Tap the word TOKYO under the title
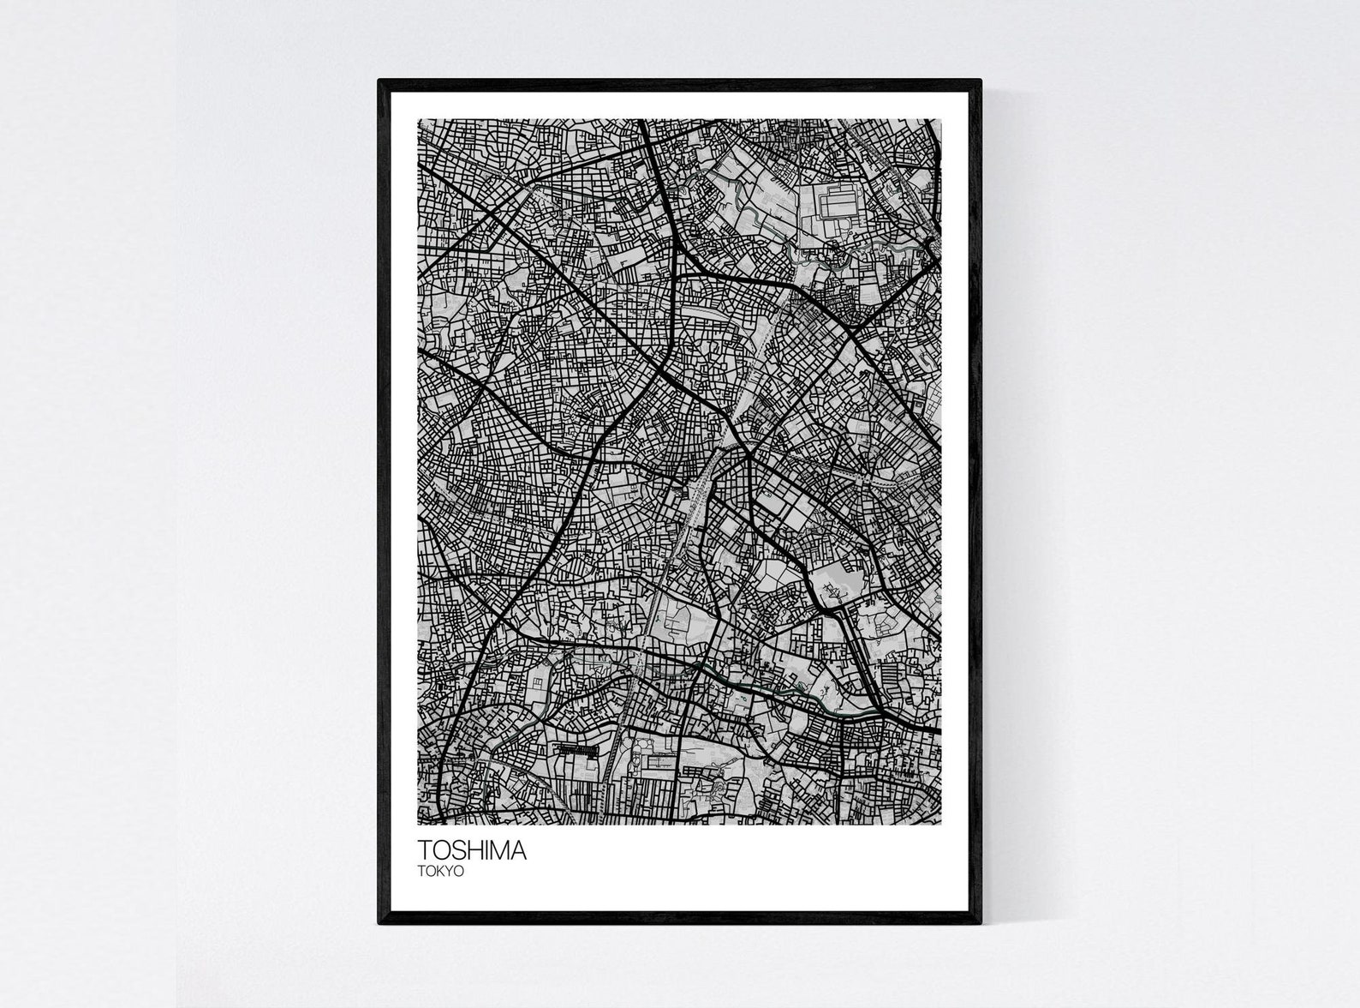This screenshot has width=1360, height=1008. pos(440,871)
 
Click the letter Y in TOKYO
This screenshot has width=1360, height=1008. pos(449,871)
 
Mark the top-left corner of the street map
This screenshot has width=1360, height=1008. pos(418,119)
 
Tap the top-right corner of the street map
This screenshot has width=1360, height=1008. pos(940,119)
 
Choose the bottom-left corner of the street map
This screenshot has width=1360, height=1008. pos(418,825)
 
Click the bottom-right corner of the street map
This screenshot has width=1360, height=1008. pos(940,825)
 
